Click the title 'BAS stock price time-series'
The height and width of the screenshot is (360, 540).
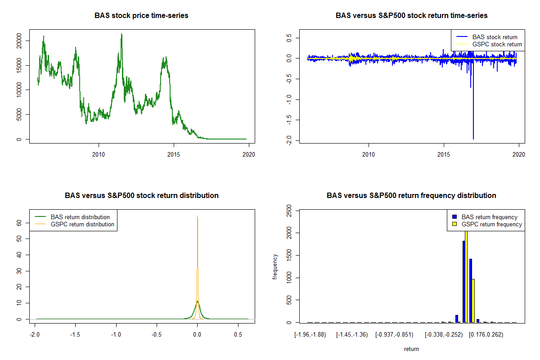tap(141, 16)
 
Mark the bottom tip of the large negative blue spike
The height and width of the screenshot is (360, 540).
tap(473, 139)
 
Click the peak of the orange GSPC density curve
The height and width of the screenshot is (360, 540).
tap(197, 216)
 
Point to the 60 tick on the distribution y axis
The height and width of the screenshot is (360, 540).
tap(19, 223)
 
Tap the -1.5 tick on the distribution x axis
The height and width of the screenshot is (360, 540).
tap(76, 334)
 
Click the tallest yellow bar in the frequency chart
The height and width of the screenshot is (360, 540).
tap(466, 274)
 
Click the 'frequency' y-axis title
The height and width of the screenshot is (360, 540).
tap(275, 267)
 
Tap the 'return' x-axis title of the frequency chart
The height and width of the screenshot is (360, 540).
tap(411, 349)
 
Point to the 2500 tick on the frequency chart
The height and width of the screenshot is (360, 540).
tap(289, 211)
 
